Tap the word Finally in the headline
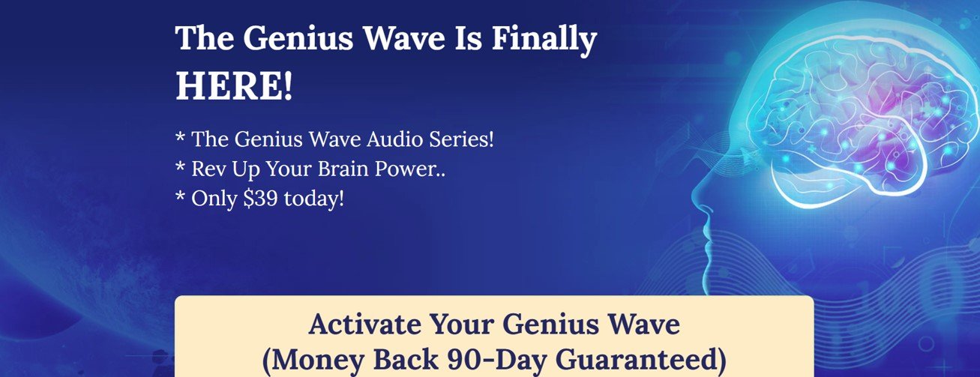tap(544, 38)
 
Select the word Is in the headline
tap(469, 38)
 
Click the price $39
tap(260, 198)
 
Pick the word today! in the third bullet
tap(314, 198)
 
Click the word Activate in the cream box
tap(366, 324)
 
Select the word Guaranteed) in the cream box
tap(641, 360)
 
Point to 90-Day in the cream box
tap(497, 360)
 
